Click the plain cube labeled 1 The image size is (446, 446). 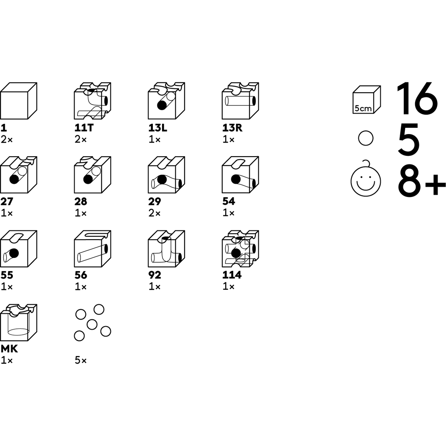point(18,101)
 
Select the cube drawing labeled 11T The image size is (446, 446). point(92,101)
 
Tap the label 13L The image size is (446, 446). point(158,128)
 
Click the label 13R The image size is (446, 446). point(232,128)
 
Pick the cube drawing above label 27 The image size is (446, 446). point(18,175)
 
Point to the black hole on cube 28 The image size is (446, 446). point(88,179)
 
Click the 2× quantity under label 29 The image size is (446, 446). point(154,213)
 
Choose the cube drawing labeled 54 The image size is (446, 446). point(240,175)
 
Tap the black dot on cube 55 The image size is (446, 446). point(14,253)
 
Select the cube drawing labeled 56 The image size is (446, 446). point(92,249)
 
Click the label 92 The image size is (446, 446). point(155,275)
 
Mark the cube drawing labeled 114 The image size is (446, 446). point(240,249)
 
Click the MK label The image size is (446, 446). point(9,349)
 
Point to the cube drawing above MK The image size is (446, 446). point(18,323)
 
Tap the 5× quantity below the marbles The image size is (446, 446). point(80,361)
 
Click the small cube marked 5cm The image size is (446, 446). point(367,100)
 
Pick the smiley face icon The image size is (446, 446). point(366,179)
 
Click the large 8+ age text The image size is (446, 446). point(422,180)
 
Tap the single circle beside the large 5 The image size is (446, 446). point(366,138)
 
